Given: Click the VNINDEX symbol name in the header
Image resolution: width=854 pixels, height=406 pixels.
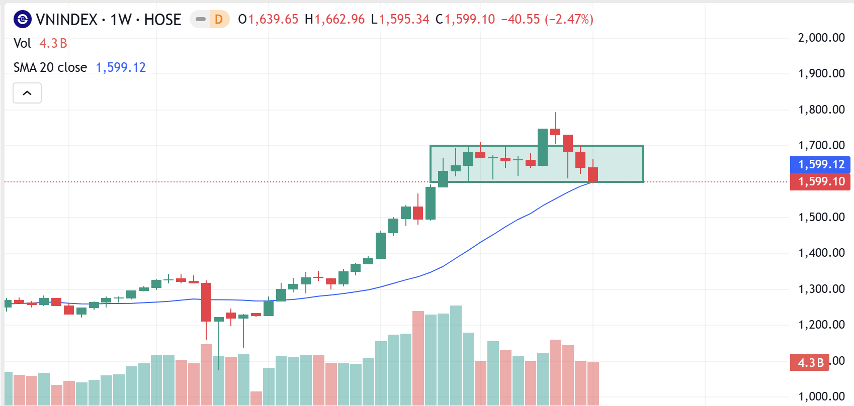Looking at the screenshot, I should pos(66,20).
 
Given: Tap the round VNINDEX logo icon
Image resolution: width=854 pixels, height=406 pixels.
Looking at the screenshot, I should pos(23,20).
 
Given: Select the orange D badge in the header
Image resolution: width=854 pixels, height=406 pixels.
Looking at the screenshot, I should pos(219,20).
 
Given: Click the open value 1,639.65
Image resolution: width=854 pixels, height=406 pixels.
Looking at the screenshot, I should pos(273,20).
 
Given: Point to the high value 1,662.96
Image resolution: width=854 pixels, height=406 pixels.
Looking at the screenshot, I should pos(339,20).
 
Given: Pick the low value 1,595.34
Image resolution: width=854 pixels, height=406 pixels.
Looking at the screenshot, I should pos(404,20).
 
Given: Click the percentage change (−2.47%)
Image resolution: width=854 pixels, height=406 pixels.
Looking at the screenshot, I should pos(569,20).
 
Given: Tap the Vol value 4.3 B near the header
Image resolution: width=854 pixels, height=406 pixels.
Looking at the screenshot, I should pos(53,44).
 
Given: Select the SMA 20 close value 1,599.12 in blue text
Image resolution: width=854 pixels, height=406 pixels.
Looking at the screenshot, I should pos(121,68).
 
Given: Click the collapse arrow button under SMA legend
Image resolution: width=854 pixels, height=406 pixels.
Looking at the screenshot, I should pos(27,93).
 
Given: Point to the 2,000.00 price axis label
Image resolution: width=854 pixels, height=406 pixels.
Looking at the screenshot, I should pos(821,38).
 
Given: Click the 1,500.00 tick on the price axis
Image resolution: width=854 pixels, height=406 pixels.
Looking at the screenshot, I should pos(821,217).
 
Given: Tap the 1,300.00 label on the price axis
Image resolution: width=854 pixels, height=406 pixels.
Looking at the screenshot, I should pos(821,289).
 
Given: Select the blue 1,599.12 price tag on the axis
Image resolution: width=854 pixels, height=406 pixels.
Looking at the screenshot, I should pos(821,164).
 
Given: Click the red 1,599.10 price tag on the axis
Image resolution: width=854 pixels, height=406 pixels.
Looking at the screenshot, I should pos(821,181).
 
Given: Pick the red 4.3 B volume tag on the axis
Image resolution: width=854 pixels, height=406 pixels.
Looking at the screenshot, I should pos(810,362).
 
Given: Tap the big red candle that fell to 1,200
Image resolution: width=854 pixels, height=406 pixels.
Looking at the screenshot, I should pos(206,301).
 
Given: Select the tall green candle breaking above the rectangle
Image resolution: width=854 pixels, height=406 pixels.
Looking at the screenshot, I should pos(543,147).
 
